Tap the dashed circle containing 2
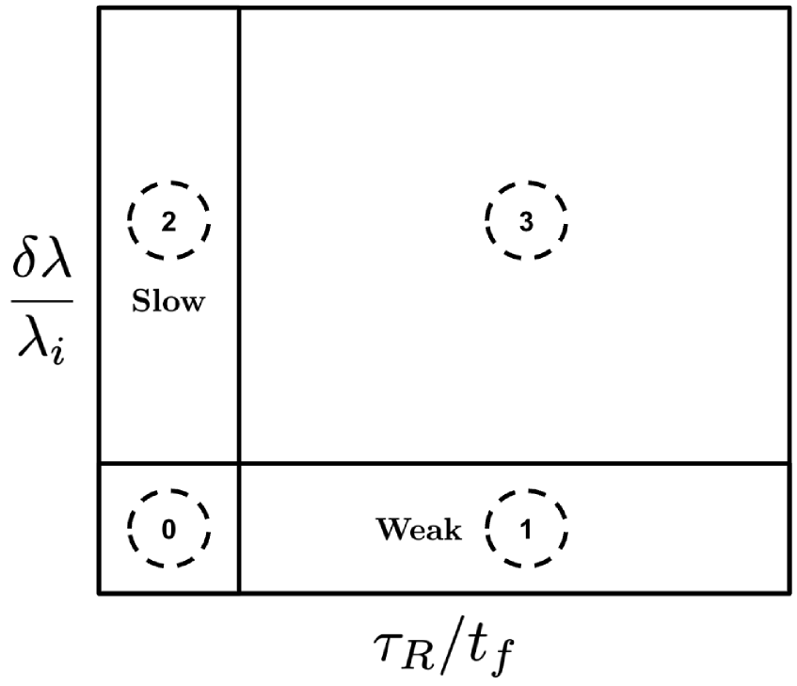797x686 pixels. pos(168,221)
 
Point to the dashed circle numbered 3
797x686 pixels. pos(526,221)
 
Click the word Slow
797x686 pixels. pos(168,304)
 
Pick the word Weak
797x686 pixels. pos(420,530)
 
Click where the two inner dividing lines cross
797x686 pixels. pos(239,463)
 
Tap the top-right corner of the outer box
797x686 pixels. pos(789,9)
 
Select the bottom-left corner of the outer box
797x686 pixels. pos(99,593)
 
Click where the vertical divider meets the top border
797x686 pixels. pos(239,9)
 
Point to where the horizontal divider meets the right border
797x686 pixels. pos(789,463)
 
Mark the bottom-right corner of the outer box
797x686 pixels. pos(789,593)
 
